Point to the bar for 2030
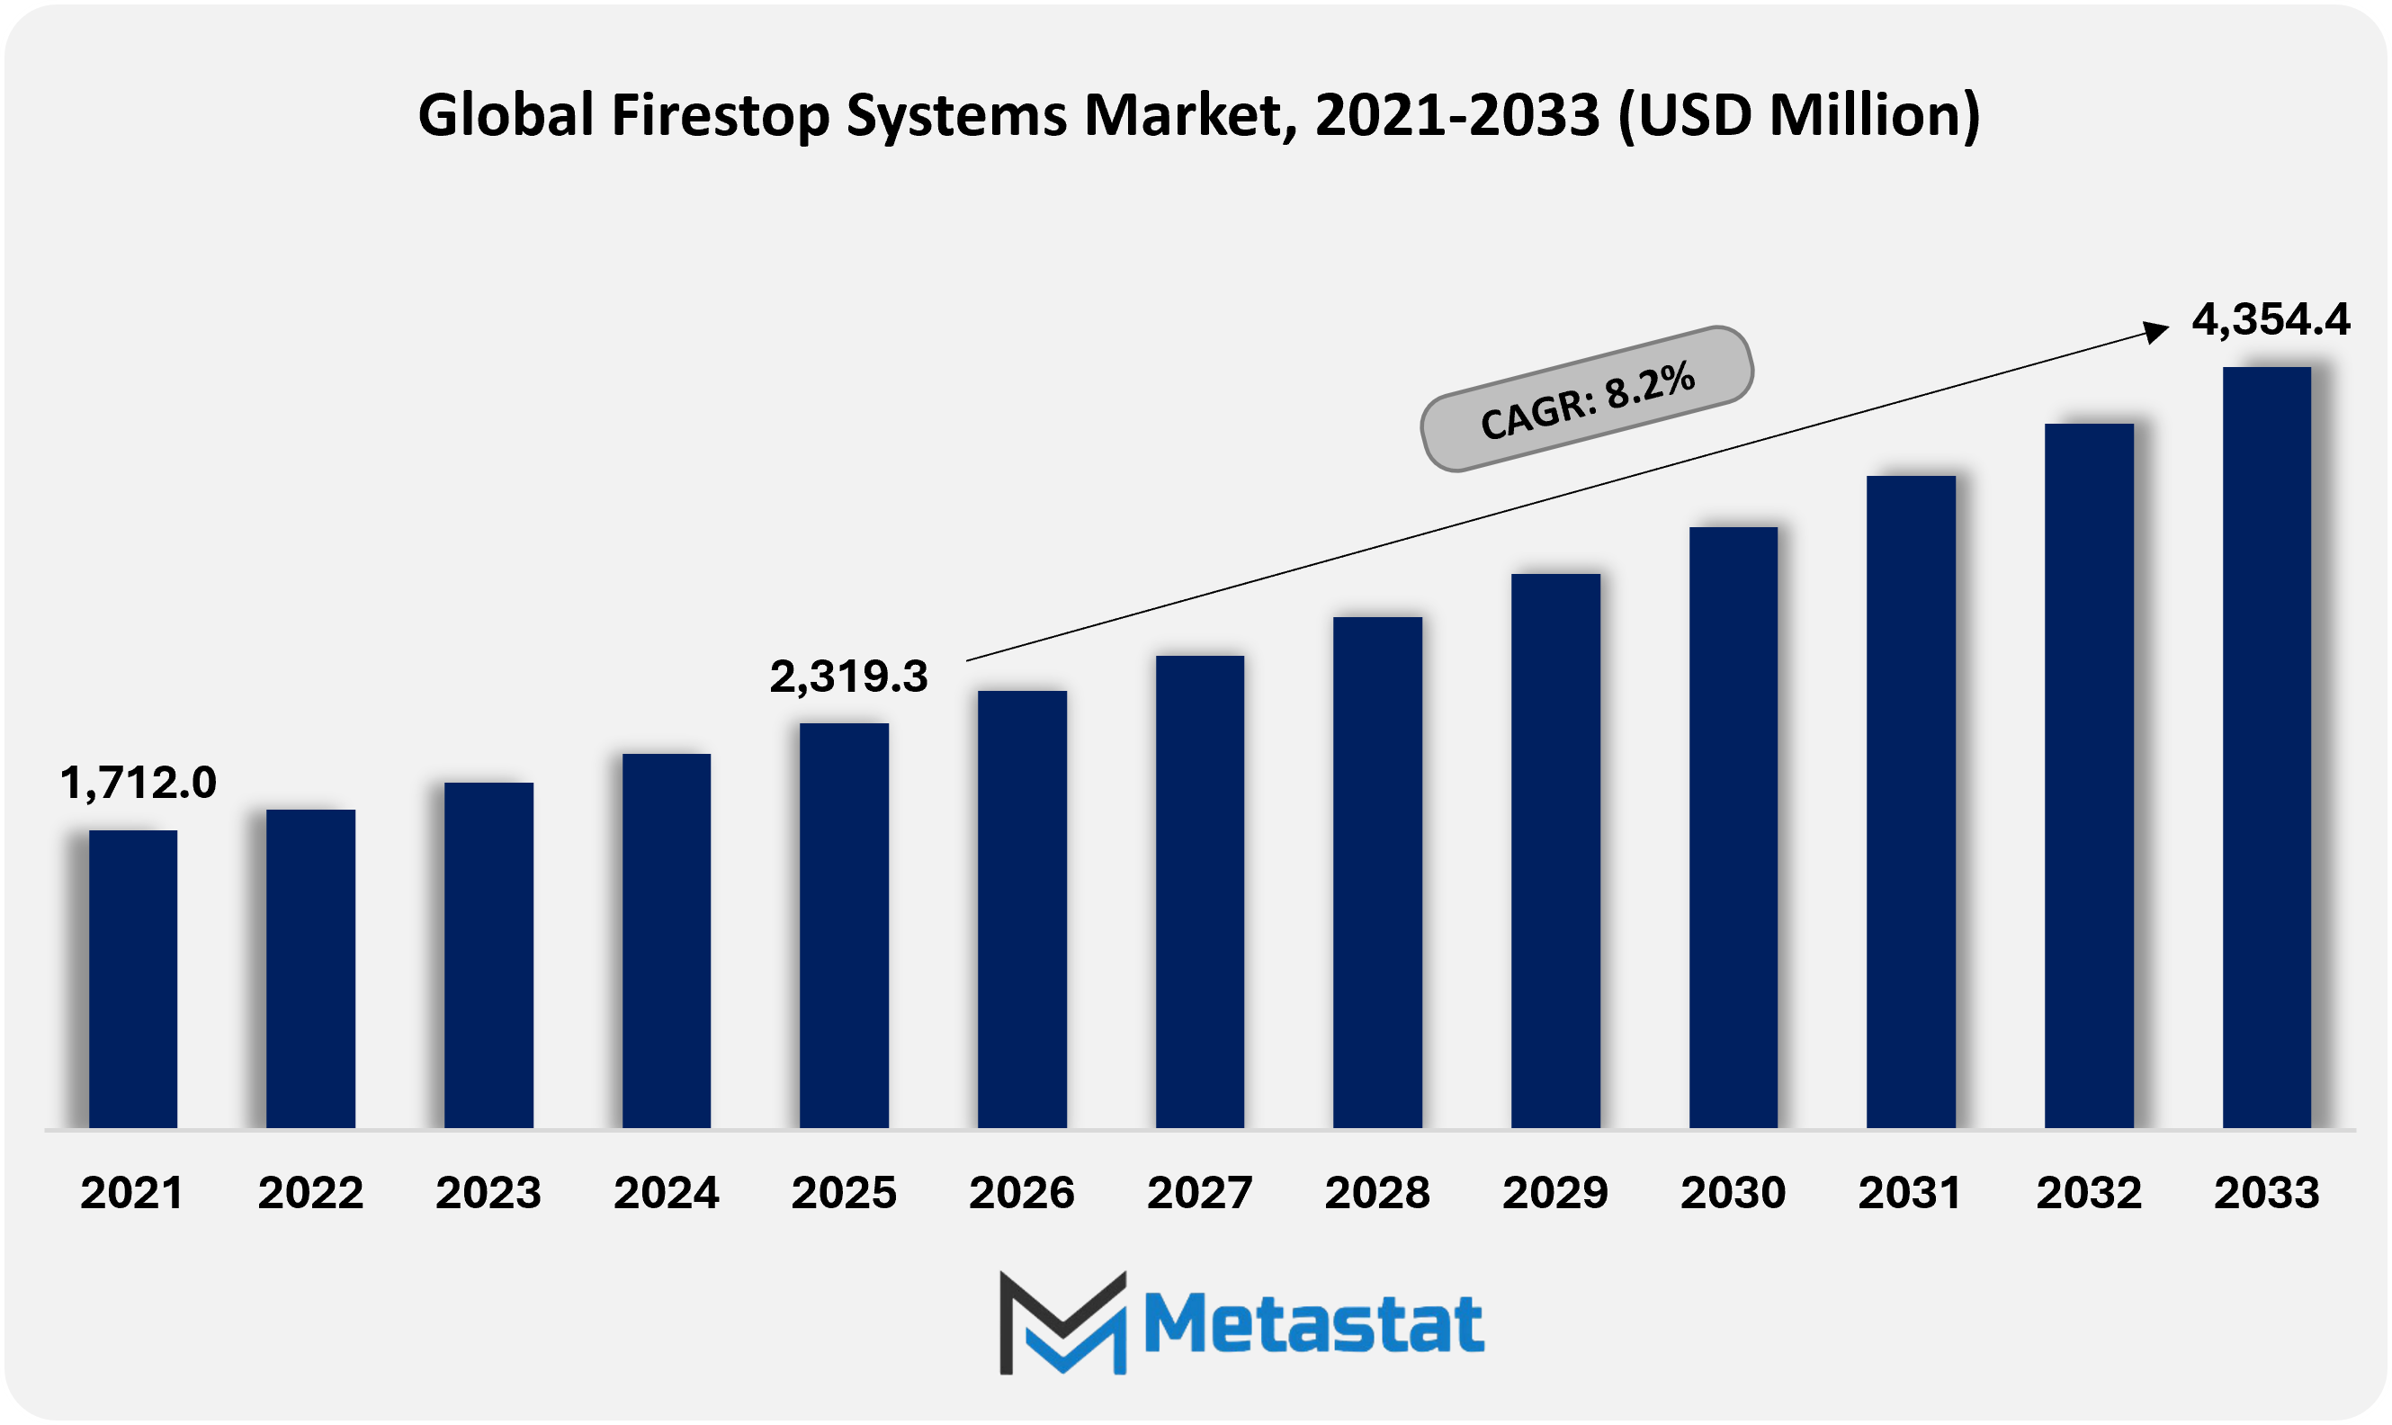pos(1734,827)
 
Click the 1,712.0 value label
pos(139,783)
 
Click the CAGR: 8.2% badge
pos(1587,399)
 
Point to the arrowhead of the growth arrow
pos(2156,331)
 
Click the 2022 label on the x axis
pos(310,1193)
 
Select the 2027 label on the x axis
pos(1199,1193)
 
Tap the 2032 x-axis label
pos(2089,1193)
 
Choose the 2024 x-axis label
pos(667,1193)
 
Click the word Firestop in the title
pos(721,115)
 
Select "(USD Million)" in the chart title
pos(1798,115)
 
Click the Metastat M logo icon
pos(1062,1322)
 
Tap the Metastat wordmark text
pos(1313,1324)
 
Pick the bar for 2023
pos(488,954)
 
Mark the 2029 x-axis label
pos(1554,1193)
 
